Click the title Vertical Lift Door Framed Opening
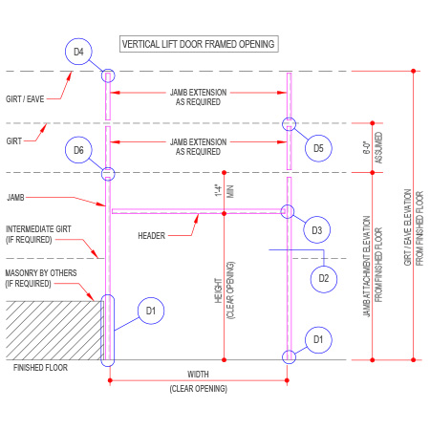199,44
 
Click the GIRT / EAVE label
25,99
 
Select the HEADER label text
151,236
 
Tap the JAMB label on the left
15,198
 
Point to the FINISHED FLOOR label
40,368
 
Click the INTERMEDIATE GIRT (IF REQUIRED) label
38,234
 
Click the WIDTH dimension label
198,375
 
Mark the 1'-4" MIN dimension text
225,191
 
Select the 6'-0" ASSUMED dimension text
373,148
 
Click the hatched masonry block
54,331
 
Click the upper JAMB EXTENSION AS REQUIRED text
198,97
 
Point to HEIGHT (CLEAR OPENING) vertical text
225,290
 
